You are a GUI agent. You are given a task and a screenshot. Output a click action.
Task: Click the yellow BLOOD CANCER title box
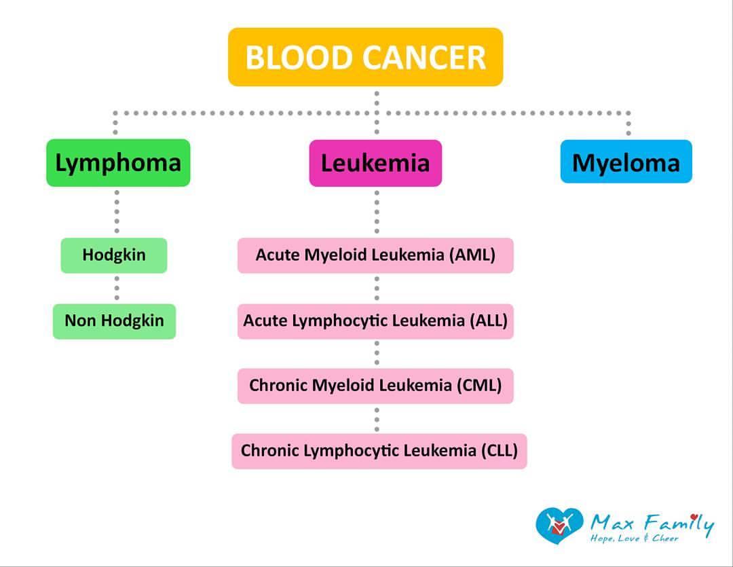[x=366, y=57]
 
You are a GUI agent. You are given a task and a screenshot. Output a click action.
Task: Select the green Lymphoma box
[x=118, y=163]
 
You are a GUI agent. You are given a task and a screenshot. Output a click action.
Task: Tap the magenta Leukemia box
[x=375, y=163]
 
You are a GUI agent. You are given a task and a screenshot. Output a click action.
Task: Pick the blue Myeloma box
[x=626, y=162]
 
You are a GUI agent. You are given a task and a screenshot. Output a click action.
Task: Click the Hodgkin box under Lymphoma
[x=114, y=255]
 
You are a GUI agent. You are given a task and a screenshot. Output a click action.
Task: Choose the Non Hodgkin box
[x=114, y=321]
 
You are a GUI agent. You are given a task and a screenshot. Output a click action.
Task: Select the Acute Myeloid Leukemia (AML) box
[x=375, y=255]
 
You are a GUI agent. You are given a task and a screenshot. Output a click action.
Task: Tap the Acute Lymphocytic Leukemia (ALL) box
[x=375, y=321]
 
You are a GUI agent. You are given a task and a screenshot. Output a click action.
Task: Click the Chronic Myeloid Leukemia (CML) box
[x=375, y=386]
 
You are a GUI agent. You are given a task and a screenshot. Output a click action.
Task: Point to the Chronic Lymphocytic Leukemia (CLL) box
[x=379, y=451]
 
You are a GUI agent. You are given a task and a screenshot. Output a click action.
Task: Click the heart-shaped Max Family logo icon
[x=559, y=526]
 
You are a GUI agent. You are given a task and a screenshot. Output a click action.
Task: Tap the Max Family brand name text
[x=652, y=523]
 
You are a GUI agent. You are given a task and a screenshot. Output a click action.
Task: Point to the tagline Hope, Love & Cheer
[x=635, y=538]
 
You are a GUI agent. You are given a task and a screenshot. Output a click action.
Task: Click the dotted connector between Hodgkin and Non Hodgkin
[x=117, y=288]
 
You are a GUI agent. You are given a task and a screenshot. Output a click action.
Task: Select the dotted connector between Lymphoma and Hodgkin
[x=117, y=212]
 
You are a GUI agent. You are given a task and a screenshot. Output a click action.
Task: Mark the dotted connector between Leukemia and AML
[x=377, y=212]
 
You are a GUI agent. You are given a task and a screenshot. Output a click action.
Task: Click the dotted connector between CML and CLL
[x=377, y=420]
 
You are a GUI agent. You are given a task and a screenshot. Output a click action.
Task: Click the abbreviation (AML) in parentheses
[x=472, y=255]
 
